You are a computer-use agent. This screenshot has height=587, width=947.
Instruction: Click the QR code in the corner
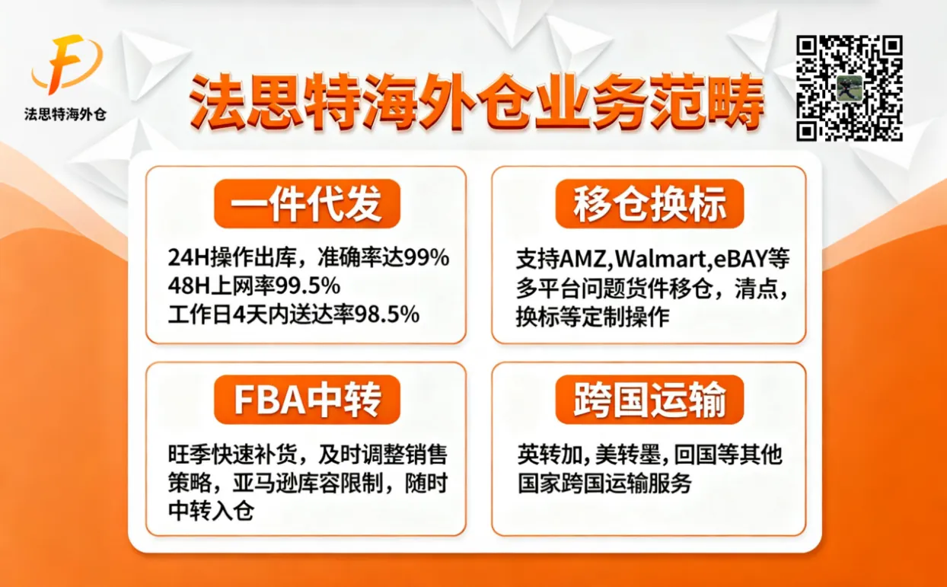click(x=849, y=88)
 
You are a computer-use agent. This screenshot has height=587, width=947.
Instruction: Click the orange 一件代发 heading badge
click(x=307, y=203)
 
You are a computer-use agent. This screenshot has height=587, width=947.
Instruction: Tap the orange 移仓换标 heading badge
click(x=649, y=203)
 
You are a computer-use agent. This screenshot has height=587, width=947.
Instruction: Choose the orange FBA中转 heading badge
click(x=307, y=399)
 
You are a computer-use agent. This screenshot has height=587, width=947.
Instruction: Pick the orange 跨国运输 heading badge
click(x=649, y=399)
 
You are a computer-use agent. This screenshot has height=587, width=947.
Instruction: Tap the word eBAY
click(x=738, y=260)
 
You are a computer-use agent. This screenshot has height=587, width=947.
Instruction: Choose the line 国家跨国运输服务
click(x=604, y=483)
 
